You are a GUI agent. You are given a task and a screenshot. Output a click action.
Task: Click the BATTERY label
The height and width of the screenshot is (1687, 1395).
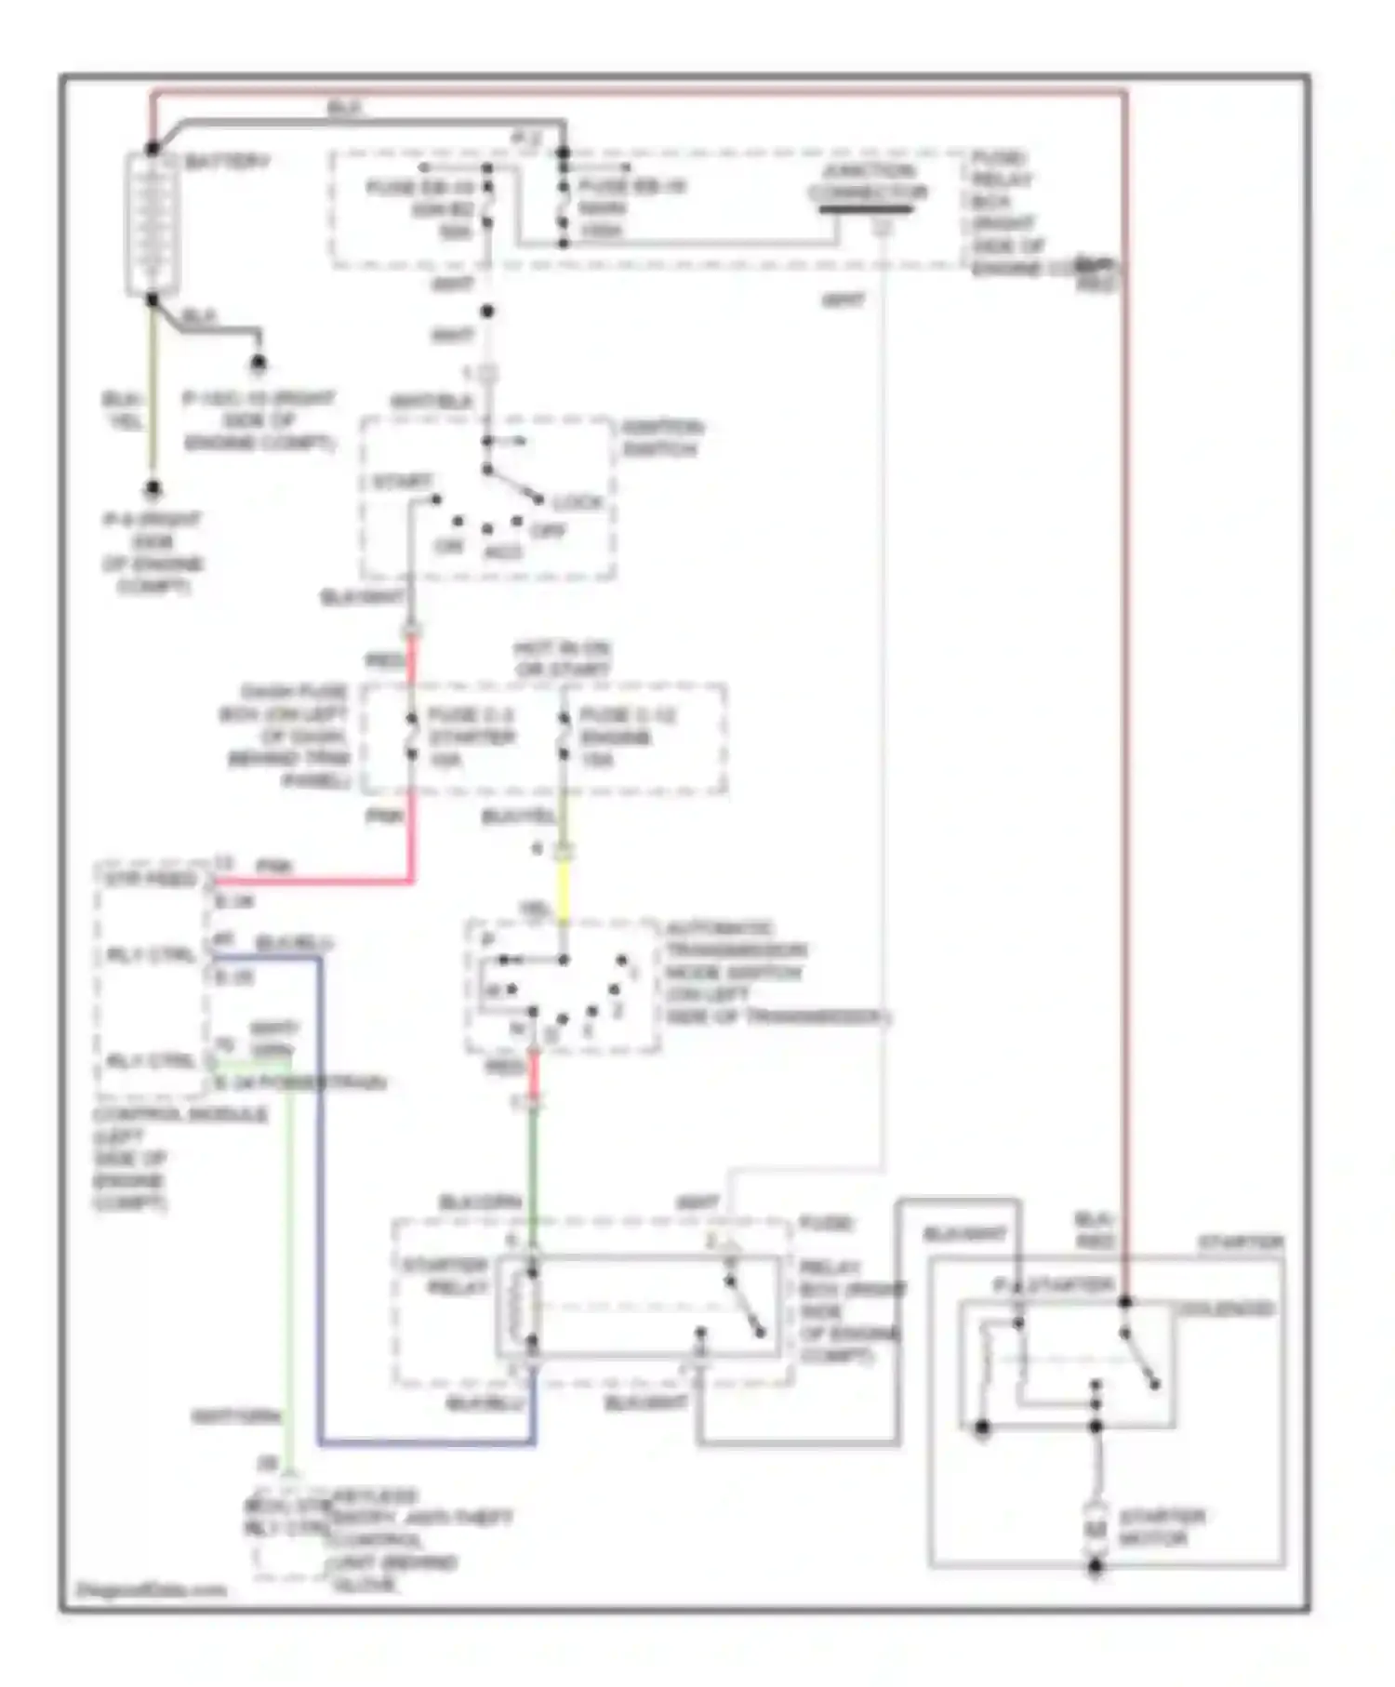pos(226,162)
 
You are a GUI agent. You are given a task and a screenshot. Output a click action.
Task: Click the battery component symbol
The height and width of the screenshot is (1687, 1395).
pos(150,223)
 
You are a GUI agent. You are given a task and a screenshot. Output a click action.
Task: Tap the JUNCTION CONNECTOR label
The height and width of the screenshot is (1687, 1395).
pos(867,182)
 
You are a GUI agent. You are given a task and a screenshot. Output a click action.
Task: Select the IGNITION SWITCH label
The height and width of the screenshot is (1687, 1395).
pos(661,438)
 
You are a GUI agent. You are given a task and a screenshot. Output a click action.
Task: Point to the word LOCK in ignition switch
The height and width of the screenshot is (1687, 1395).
pos(578,502)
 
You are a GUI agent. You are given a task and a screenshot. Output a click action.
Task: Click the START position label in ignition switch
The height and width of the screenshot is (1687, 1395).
pos(401,482)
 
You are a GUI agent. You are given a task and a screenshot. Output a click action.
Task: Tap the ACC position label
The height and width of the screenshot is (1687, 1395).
pos(503,552)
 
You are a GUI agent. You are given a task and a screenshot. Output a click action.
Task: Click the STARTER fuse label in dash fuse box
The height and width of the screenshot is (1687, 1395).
pos(472,737)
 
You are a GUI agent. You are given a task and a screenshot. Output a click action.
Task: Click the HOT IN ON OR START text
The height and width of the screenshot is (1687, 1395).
pos(563,658)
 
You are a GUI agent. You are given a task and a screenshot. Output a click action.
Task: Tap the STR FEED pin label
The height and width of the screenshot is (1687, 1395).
pos(151,880)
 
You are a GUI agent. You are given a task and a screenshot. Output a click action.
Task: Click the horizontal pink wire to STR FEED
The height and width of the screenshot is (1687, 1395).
pos(316,880)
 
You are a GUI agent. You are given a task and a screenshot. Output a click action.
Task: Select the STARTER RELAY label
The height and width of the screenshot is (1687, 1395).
pos(445,1277)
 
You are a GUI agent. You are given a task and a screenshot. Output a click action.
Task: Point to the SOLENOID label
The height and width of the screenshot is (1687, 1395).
pos(1227,1308)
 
